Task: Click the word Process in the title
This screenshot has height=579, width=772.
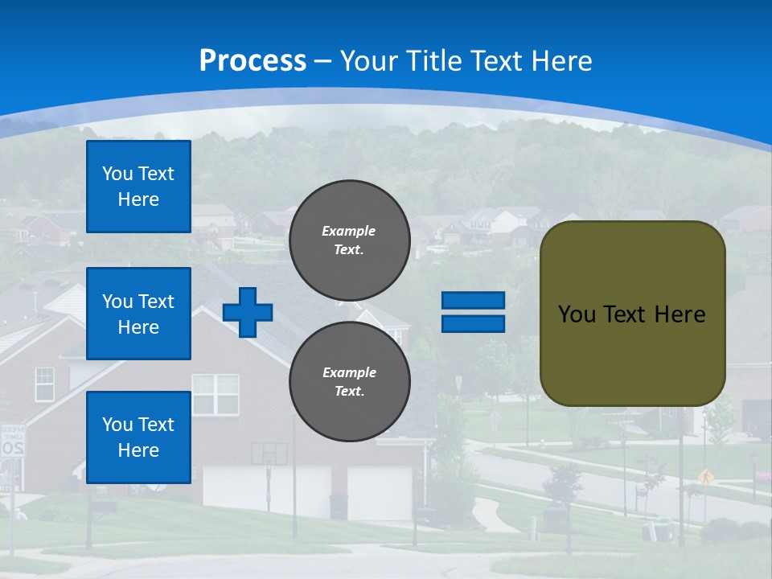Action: tap(253, 61)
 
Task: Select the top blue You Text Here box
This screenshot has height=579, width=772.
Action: tap(138, 187)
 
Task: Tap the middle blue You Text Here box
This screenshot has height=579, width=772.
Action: tap(138, 314)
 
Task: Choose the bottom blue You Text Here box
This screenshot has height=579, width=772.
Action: tap(138, 437)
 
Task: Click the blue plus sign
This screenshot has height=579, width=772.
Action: tap(248, 312)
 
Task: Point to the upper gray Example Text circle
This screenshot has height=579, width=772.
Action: tap(350, 240)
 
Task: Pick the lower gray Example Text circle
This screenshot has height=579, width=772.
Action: tap(350, 382)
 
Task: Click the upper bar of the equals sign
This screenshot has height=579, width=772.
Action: tap(474, 301)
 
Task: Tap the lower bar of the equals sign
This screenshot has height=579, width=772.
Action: tap(474, 323)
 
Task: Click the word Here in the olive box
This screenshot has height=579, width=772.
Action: tap(680, 314)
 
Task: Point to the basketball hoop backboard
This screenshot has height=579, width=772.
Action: tap(269, 454)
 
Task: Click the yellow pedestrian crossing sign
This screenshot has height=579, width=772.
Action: tap(706, 476)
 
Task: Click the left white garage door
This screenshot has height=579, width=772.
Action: tap(265, 491)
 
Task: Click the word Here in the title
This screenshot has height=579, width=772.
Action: tap(562, 61)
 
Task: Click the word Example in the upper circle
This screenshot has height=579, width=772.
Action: tap(348, 231)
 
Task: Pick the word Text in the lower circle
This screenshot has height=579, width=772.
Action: tap(348, 392)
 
